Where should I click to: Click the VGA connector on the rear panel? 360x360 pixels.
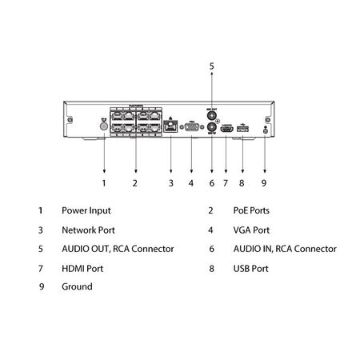click(x=191, y=126)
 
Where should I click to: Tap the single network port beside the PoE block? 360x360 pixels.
click(x=170, y=126)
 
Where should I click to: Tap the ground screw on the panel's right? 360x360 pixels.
click(x=264, y=130)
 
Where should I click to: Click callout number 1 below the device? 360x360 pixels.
click(x=104, y=184)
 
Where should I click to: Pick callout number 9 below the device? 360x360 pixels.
click(x=264, y=184)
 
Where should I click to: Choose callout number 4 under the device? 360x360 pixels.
click(x=191, y=184)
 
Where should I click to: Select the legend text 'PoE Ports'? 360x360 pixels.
click(x=250, y=211)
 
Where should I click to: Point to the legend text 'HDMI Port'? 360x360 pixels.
click(x=82, y=269)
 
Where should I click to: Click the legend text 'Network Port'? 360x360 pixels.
click(x=87, y=230)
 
